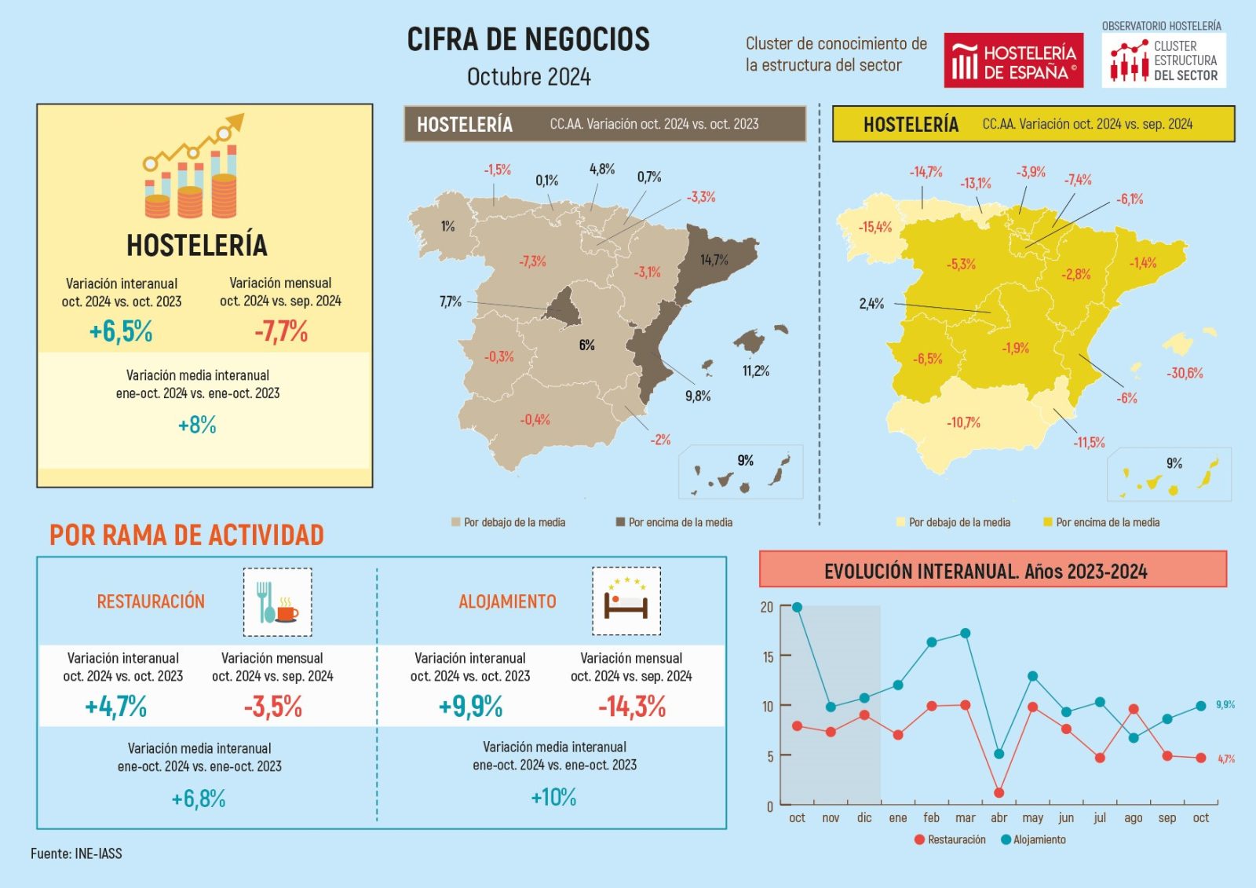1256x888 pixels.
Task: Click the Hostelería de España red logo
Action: click(x=1013, y=60)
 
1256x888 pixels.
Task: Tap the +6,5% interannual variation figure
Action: click(x=121, y=331)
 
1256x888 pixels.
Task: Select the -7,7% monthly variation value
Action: click(x=280, y=331)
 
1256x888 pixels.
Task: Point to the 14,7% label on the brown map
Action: click(x=714, y=260)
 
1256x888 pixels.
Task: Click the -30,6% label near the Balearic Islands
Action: click(x=1185, y=373)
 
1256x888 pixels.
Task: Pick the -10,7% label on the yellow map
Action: click(x=963, y=422)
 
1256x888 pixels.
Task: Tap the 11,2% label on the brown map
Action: click(x=756, y=371)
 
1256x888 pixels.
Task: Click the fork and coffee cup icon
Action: click(x=277, y=602)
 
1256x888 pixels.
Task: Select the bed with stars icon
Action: click(x=626, y=601)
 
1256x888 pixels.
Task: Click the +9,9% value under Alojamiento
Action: click(x=471, y=707)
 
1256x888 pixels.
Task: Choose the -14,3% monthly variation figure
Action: click(x=632, y=707)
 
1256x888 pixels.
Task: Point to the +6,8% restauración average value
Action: click(x=199, y=799)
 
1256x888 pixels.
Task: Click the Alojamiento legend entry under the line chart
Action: click(x=1033, y=839)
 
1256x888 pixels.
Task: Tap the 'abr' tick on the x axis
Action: click(x=999, y=818)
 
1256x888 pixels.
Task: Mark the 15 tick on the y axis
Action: click(x=768, y=656)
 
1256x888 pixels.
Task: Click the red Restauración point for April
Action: click(x=999, y=793)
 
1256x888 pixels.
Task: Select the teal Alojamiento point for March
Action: click(x=966, y=633)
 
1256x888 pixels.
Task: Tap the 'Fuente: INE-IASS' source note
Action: click(x=76, y=853)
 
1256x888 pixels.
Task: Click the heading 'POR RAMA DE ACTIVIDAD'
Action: click(x=187, y=535)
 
